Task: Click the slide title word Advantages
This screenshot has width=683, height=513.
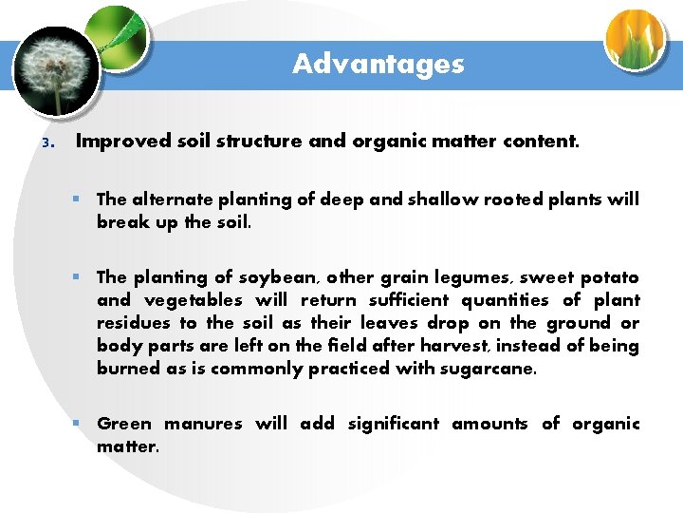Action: (x=378, y=64)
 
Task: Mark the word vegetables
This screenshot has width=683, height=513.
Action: (x=187, y=301)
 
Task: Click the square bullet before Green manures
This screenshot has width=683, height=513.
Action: (x=84, y=424)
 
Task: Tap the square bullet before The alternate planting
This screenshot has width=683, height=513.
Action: (x=84, y=199)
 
